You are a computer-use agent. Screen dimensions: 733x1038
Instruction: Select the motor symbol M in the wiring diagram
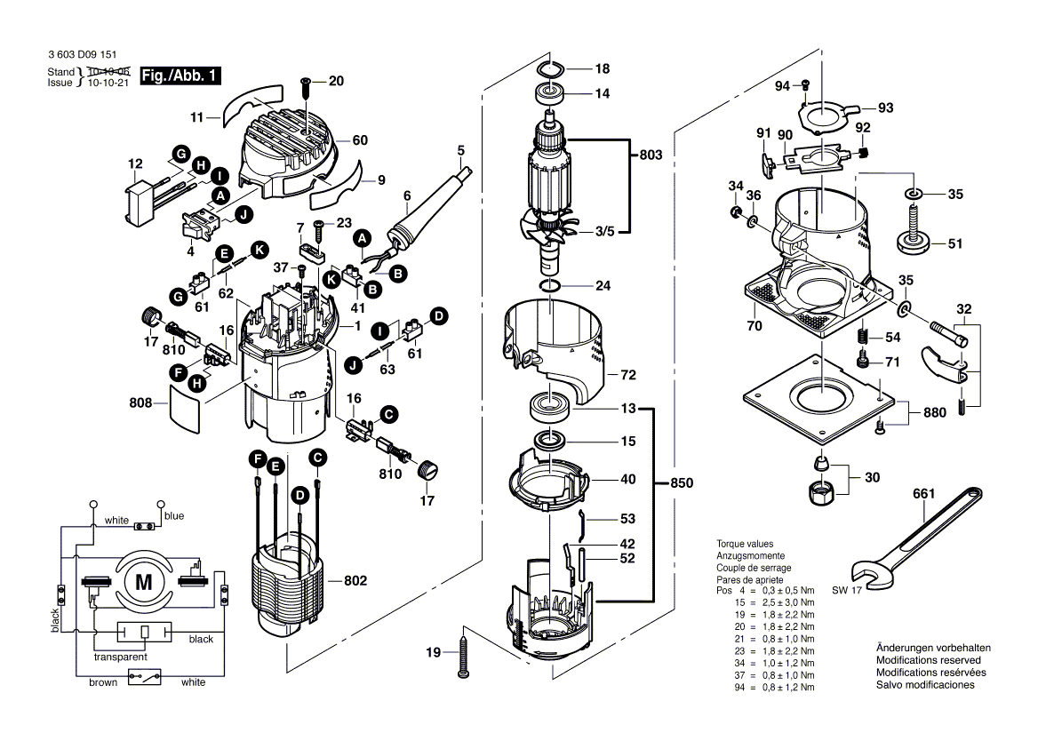pos(143,582)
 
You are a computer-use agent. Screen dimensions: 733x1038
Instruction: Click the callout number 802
pos(355,580)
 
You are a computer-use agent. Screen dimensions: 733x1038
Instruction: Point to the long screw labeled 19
pos(464,653)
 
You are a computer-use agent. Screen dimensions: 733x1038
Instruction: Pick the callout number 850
pos(680,483)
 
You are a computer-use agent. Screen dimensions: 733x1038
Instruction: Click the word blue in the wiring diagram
pos(174,516)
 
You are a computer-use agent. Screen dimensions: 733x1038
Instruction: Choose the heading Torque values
pos(745,543)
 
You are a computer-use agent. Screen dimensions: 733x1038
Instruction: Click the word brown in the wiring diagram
pos(102,682)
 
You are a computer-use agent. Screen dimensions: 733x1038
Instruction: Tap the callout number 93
pos(885,108)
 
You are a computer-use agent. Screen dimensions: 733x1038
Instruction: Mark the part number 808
pos(140,403)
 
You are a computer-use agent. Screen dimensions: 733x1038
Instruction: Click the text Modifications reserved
pos(929,660)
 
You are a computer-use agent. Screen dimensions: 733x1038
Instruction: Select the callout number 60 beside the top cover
pos(359,139)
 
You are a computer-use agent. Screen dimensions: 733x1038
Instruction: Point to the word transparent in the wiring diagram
pos(121,657)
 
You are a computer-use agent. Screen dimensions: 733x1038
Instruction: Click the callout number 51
pos(955,243)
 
